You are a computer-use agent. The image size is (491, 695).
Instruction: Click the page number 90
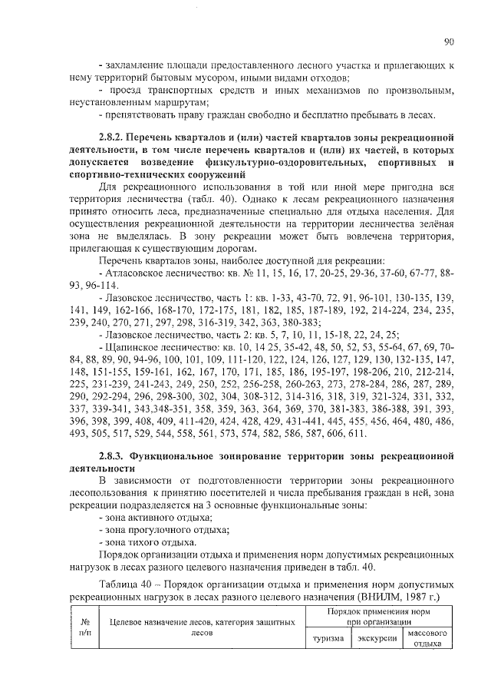click(x=448, y=42)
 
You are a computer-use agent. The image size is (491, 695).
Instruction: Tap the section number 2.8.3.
click(x=114, y=455)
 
